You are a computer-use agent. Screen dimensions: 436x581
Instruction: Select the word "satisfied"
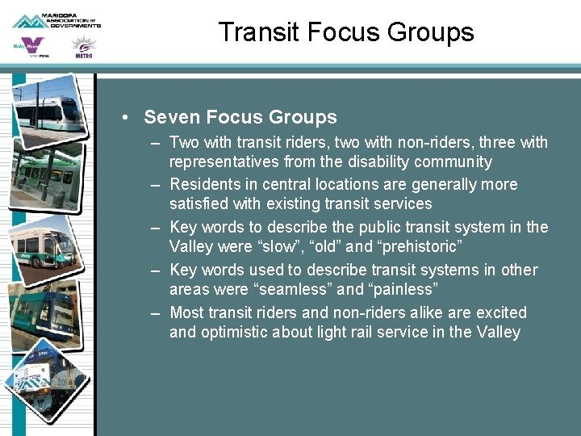199,203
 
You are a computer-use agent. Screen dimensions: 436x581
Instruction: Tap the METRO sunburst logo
83,48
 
